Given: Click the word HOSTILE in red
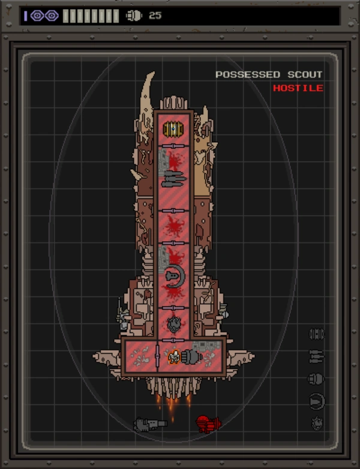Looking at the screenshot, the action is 298,88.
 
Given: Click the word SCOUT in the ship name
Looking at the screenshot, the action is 304,74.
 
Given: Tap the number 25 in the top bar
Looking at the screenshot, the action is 155,16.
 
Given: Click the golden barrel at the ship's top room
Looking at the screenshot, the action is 173,129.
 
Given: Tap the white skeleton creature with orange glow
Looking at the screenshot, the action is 173,357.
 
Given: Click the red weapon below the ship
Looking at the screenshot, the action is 208,423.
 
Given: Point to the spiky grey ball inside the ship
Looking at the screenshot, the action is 174,324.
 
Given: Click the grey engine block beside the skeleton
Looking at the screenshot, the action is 190,357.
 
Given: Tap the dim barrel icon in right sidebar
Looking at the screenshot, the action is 316,333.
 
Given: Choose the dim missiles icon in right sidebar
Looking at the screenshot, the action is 316,356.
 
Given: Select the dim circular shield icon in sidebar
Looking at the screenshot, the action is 317,401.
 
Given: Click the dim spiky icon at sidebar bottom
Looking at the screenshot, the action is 317,424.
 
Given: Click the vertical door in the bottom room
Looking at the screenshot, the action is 157,357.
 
